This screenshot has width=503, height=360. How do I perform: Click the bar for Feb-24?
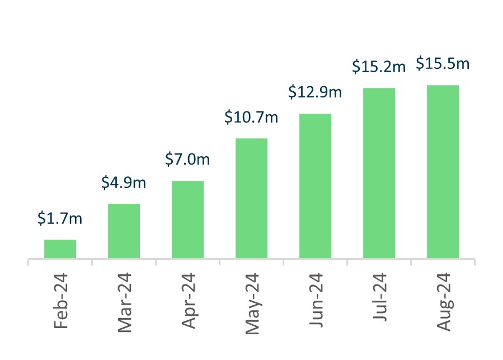tap(60, 249)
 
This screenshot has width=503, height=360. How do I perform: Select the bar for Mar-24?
tap(124, 231)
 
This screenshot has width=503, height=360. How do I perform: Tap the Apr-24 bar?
tap(187, 219)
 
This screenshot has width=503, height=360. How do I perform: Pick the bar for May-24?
tap(251, 198)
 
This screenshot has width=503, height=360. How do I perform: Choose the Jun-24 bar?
tap(315, 186)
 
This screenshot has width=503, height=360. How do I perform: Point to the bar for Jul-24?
tap(379, 173)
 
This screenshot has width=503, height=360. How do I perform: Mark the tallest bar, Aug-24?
tap(443, 171)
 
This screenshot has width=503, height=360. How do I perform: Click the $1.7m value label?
tap(60, 218)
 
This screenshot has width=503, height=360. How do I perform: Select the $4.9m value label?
tap(124, 183)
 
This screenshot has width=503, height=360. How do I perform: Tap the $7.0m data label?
tap(187, 160)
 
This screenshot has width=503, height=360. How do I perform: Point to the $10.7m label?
tap(251, 117)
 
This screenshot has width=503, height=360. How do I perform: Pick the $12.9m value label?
tap(315, 92)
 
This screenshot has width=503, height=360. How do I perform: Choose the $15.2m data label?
tap(379, 67)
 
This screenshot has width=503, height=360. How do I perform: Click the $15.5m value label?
tap(443, 64)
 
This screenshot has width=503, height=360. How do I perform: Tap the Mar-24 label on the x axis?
tap(124, 302)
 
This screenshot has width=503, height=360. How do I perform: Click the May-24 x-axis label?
tap(251, 303)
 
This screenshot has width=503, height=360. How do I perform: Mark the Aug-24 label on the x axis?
tap(443, 302)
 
